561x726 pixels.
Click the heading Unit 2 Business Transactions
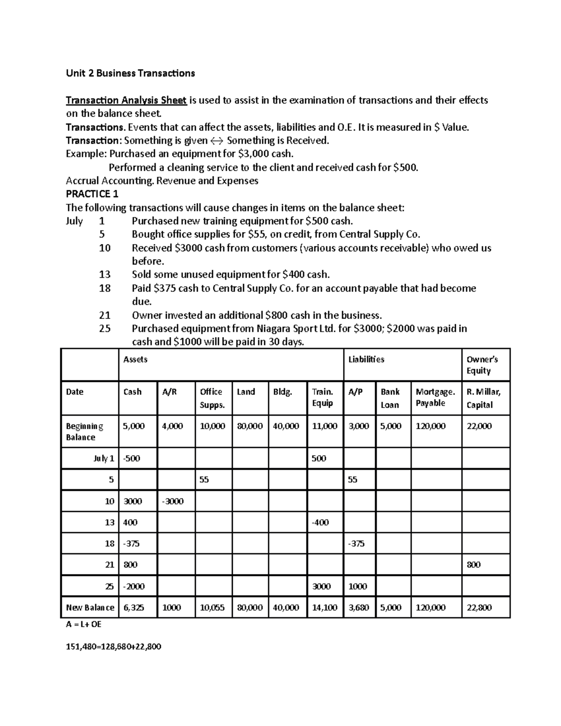[x=130, y=73]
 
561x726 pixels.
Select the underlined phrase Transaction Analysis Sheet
[x=126, y=100]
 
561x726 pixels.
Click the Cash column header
[x=132, y=392]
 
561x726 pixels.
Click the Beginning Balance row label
[x=85, y=431]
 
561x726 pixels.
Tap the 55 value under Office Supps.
[x=204, y=480]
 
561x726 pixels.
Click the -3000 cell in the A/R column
[x=173, y=501]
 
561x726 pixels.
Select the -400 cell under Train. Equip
[x=320, y=522]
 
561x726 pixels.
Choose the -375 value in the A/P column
[x=356, y=544]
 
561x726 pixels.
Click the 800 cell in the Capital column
[x=474, y=565]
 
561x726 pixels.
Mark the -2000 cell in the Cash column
[x=134, y=586]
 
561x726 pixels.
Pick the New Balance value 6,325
[x=134, y=608]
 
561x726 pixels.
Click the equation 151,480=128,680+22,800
[x=114, y=647]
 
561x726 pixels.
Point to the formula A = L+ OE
[x=84, y=624]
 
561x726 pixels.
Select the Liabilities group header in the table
[x=367, y=359]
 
